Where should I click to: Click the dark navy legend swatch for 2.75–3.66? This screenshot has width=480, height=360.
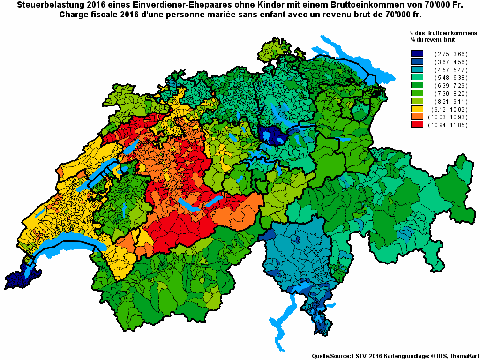point(417,54)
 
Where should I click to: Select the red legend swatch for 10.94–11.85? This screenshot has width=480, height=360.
point(417,125)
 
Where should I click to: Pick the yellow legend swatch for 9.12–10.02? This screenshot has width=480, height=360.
point(417,109)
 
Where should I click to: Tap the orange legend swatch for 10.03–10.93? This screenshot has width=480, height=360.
point(417,117)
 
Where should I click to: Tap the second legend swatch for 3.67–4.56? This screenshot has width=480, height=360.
point(417,62)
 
